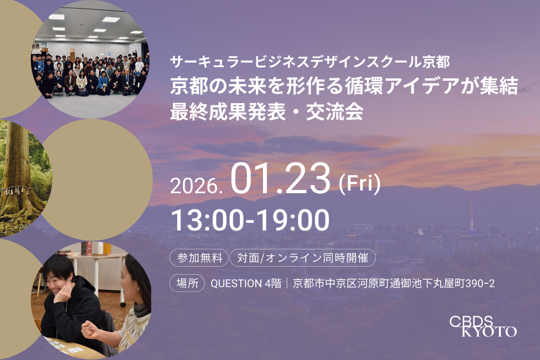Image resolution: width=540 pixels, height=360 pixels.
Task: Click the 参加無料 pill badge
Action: tap(198, 258)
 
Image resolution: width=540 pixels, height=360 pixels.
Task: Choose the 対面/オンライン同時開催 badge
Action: tap(302, 258)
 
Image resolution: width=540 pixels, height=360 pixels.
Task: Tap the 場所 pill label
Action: tap(187, 283)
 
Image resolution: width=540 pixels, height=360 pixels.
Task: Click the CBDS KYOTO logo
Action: tap(483, 326)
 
